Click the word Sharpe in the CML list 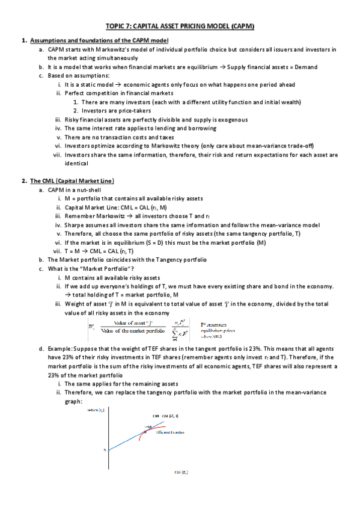(x=74, y=224)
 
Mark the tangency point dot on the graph (x=145, y=428)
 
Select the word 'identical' (x=76, y=163)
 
